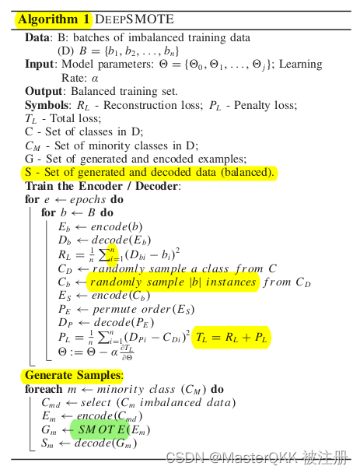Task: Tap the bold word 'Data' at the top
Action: [37, 37]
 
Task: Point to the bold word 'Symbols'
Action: [47, 104]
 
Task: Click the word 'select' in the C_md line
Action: [96, 403]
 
